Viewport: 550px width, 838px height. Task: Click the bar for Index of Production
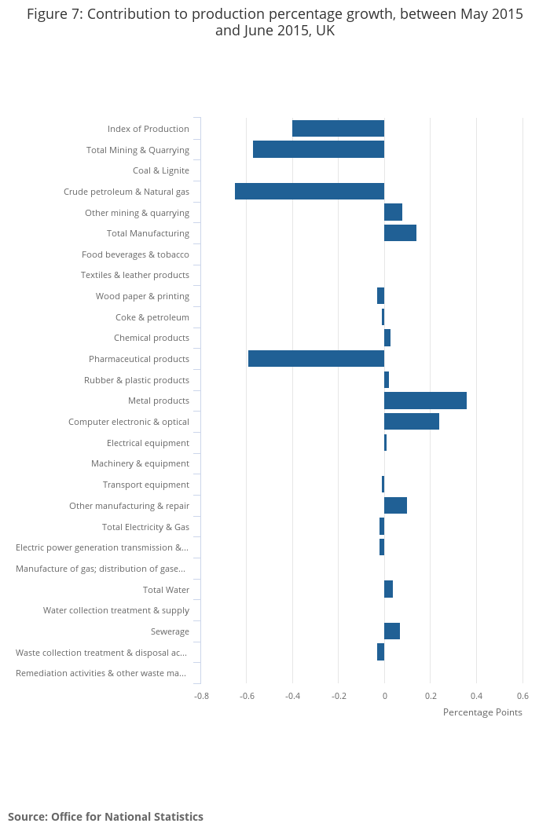point(338,129)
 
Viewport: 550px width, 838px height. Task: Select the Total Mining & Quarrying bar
point(318,149)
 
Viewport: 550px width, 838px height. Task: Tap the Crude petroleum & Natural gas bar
point(310,191)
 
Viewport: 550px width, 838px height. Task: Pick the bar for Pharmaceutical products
point(316,359)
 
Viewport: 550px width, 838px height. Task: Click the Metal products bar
point(425,401)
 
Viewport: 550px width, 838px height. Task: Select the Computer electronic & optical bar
point(412,422)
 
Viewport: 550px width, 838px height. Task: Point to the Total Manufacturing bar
point(400,233)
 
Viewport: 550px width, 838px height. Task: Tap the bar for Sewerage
point(392,631)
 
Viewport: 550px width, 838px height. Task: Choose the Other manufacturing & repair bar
point(395,506)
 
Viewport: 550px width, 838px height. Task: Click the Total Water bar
point(388,589)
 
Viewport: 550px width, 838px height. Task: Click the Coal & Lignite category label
point(161,170)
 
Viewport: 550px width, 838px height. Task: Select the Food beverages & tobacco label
point(135,254)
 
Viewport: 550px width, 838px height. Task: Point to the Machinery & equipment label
point(140,463)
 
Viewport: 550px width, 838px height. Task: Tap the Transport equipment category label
point(145,485)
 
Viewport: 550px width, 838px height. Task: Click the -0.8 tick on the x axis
point(202,696)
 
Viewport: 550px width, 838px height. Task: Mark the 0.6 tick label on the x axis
point(522,696)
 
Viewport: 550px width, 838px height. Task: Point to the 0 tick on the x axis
point(384,696)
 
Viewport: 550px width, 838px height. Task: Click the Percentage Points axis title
point(482,712)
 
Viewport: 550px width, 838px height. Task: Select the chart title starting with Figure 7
point(275,23)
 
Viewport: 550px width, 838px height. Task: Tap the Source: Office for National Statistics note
point(105,817)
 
